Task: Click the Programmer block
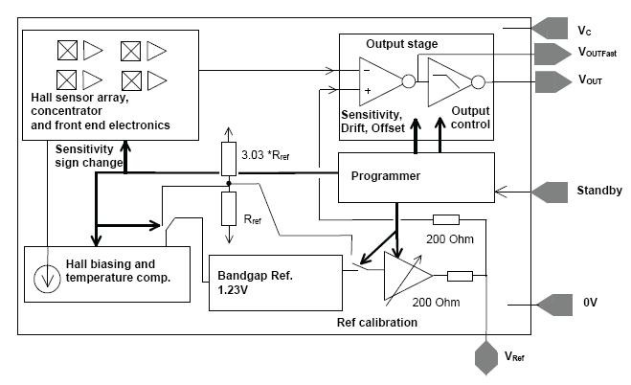[416, 176]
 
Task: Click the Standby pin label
[600, 190]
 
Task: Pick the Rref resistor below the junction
[229, 206]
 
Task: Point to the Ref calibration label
[377, 322]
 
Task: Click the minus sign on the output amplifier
[368, 69]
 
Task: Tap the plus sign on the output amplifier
[368, 92]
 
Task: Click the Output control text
[470, 117]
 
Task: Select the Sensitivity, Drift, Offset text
[381, 121]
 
